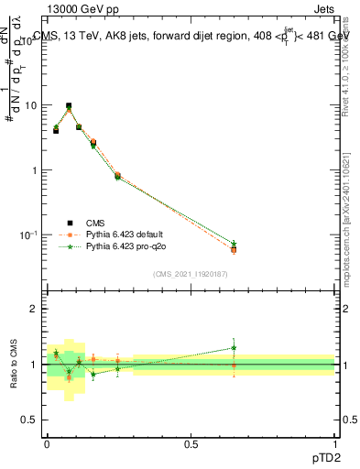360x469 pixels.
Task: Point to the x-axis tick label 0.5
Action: point(191,442)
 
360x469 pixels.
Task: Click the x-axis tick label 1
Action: point(334,442)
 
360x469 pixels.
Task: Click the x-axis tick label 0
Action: point(47,442)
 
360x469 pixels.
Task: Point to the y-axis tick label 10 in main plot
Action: point(29,105)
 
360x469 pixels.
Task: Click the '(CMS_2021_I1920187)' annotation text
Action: point(190,273)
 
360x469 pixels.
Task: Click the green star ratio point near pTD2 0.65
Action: point(234,347)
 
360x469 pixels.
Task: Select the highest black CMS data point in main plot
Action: point(69,106)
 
